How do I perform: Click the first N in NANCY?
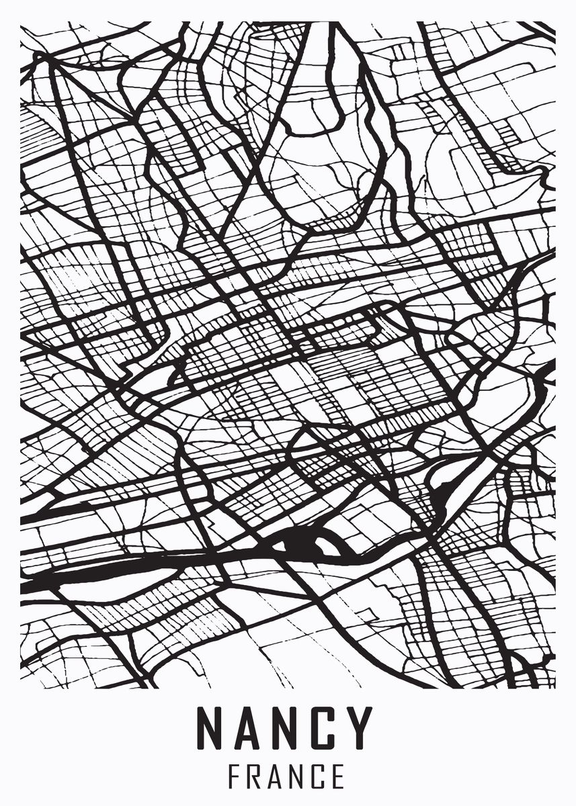(x=210, y=727)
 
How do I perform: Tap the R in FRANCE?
(x=256, y=776)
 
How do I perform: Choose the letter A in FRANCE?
(x=279, y=776)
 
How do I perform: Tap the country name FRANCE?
(x=288, y=776)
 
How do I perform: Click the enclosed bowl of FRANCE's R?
(x=257, y=770)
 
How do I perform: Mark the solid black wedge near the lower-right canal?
(x=440, y=500)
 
